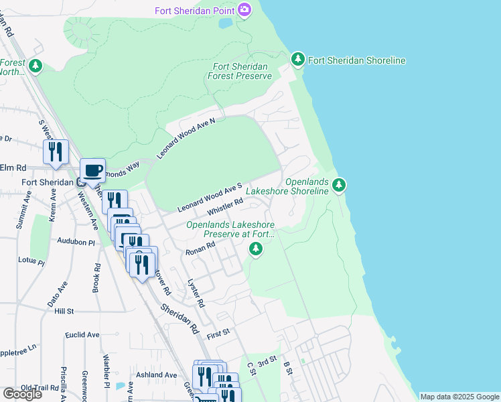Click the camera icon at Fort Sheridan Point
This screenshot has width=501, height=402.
[x=244, y=10]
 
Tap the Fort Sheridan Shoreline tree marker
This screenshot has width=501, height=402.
[x=298, y=60]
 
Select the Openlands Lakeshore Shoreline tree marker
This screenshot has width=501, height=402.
[x=339, y=184]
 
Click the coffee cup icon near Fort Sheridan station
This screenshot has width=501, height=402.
[x=92, y=170]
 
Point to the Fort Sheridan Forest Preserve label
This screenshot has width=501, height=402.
[x=242, y=71]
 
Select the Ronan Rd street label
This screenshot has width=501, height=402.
[x=200, y=249]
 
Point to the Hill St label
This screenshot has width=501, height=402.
[x=64, y=312]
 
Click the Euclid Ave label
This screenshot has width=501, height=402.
[x=82, y=334]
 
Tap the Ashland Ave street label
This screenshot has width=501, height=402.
[x=158, y=375]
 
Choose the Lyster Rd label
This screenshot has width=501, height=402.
[x=195, y=293]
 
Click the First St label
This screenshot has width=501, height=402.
[x=218, y=332]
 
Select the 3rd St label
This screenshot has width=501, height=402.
[x=267, y=362]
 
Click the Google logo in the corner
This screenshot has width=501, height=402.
[x=22, y=394]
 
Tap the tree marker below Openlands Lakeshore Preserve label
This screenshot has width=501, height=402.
[x=255, y=250]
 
